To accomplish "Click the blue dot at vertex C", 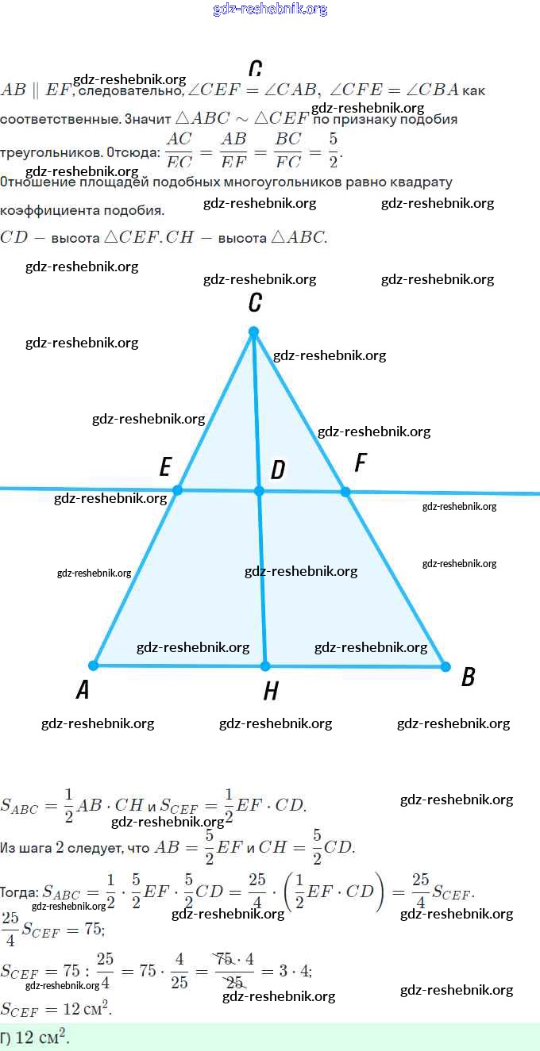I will point(253,332).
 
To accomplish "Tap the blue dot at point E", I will point(178,490).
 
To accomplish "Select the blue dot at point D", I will point(259,491).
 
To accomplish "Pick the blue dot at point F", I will point(345,492).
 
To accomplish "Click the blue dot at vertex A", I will point(94,666).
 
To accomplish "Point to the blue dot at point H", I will point(265,666).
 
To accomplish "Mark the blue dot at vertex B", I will point(445,666).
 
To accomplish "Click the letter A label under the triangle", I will point(83,691).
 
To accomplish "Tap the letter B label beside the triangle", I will point(469,677).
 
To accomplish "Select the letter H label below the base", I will point(271,692).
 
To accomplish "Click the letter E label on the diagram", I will point(165,466).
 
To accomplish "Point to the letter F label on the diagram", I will point(361,462).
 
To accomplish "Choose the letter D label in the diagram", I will point(277,470).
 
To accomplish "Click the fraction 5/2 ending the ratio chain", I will point(333,150).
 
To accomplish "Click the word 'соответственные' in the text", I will point(60,120).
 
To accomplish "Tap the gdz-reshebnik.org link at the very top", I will point(270,10).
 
